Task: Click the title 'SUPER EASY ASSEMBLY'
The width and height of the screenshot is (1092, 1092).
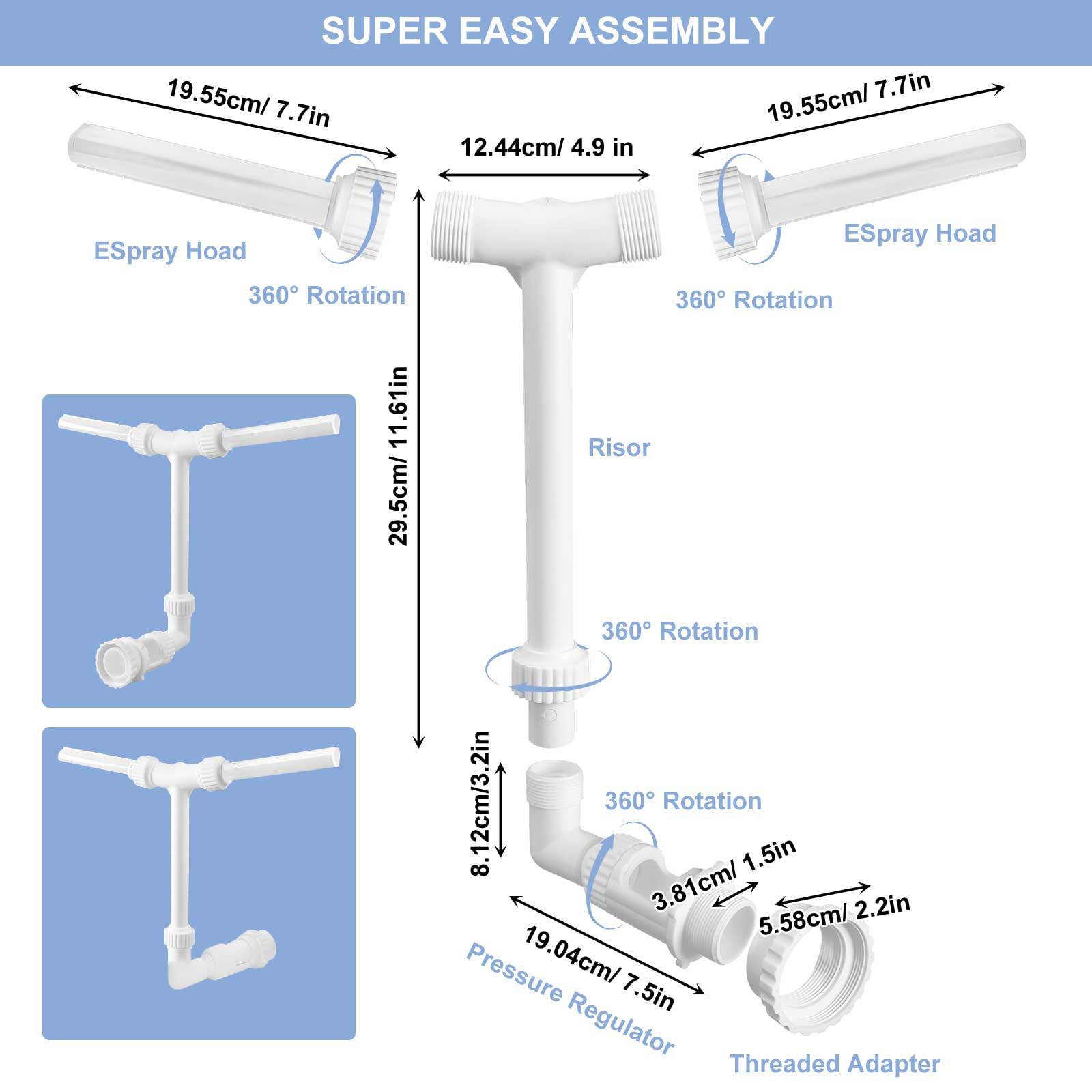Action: click(547, 31)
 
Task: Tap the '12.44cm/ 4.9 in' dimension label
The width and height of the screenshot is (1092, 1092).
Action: click(547, 147)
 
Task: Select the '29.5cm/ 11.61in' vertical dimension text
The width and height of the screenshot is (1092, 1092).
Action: click(399, 456)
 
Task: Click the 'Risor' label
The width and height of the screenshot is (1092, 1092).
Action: click(619, 448)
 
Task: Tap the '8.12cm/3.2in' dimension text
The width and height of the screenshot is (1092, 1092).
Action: click(480, 803)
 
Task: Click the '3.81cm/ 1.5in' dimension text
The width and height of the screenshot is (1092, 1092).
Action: click(724, 874)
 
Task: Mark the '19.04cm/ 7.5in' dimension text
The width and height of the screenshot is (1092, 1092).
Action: click(599, 968)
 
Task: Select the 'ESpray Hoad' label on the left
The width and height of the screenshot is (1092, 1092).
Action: click(170, 251)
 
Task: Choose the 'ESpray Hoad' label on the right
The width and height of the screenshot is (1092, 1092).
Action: click(919, 233)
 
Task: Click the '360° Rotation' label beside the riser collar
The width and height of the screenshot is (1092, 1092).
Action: click(679, 631)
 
